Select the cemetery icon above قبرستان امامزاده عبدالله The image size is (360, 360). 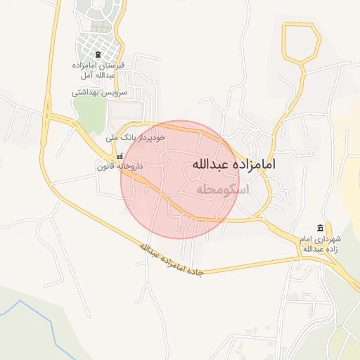(98, 54)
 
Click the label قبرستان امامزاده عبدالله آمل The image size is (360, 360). (98, 70)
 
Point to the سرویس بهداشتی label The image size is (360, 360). (97, 92)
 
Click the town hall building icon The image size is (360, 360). (321, 229)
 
